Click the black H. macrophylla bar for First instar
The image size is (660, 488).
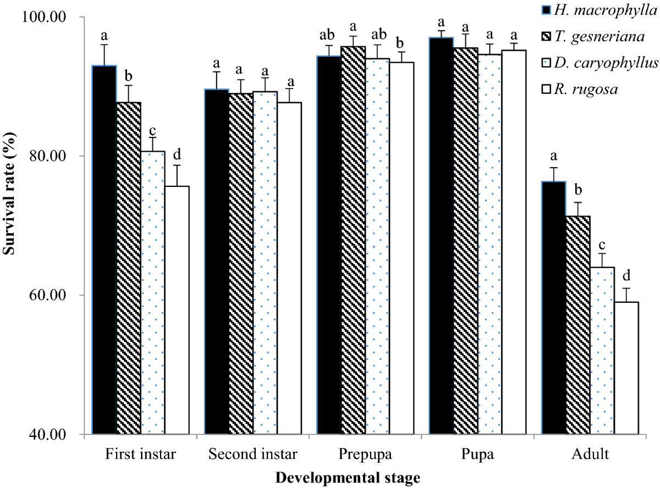point(105,250)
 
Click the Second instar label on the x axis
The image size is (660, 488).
point(253,455)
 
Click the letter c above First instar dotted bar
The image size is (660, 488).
point(153,131)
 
